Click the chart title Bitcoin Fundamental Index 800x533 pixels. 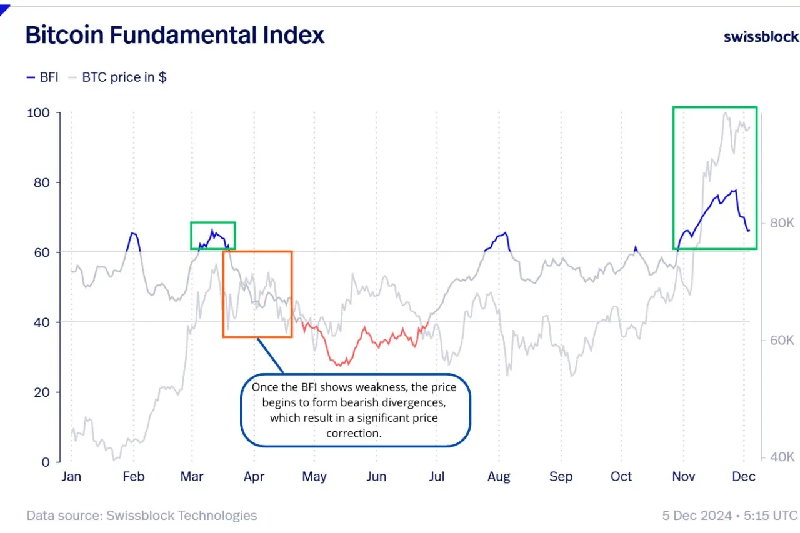(x=175, y=35)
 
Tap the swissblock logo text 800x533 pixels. (x=761, y=36)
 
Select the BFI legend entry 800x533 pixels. (x=42, y=77)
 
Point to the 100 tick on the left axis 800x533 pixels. (x=39, y=113)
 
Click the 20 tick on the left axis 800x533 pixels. (x=42, y=392)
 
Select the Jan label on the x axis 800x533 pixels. (x=72, y=477)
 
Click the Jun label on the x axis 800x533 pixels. (x=376, y=477)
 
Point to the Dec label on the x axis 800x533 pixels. (x=744, y=477)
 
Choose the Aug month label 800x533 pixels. (x=499, y=477)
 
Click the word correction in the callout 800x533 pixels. (x=353, y=432)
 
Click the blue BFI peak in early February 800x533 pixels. (x=133, y=234)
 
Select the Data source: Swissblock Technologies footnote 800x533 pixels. (x=142, y=516)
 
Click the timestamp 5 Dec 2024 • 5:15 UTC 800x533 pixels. (x=730, y=516)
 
